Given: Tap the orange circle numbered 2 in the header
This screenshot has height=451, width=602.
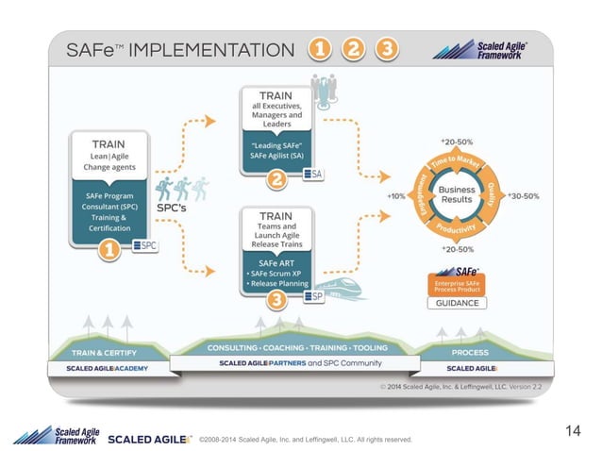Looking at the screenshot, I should tap(352, 49).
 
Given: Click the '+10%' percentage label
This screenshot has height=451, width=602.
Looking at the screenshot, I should tap(397, 195).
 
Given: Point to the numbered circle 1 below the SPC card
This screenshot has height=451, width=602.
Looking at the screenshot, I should tap(110, 250).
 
